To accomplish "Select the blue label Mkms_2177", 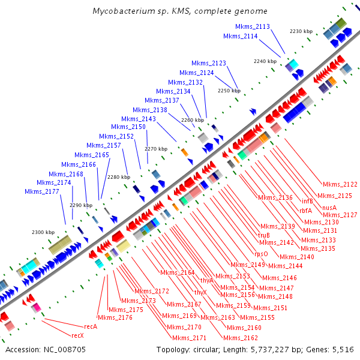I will point(42,191).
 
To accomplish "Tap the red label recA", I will point(91,326).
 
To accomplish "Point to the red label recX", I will point(77,335).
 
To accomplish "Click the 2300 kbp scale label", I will point(43,232).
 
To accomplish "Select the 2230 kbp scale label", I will point(301,31).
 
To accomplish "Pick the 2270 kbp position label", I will point(156,148).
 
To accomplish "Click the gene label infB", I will point(307,201).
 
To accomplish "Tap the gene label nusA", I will point(329,207).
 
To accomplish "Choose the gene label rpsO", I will point(261,254).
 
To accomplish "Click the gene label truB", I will point(264,235).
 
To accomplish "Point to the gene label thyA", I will point(207,280).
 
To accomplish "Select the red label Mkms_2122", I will point(340,184).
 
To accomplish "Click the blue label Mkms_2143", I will point(141,119).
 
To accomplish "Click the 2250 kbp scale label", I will point(229,91).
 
